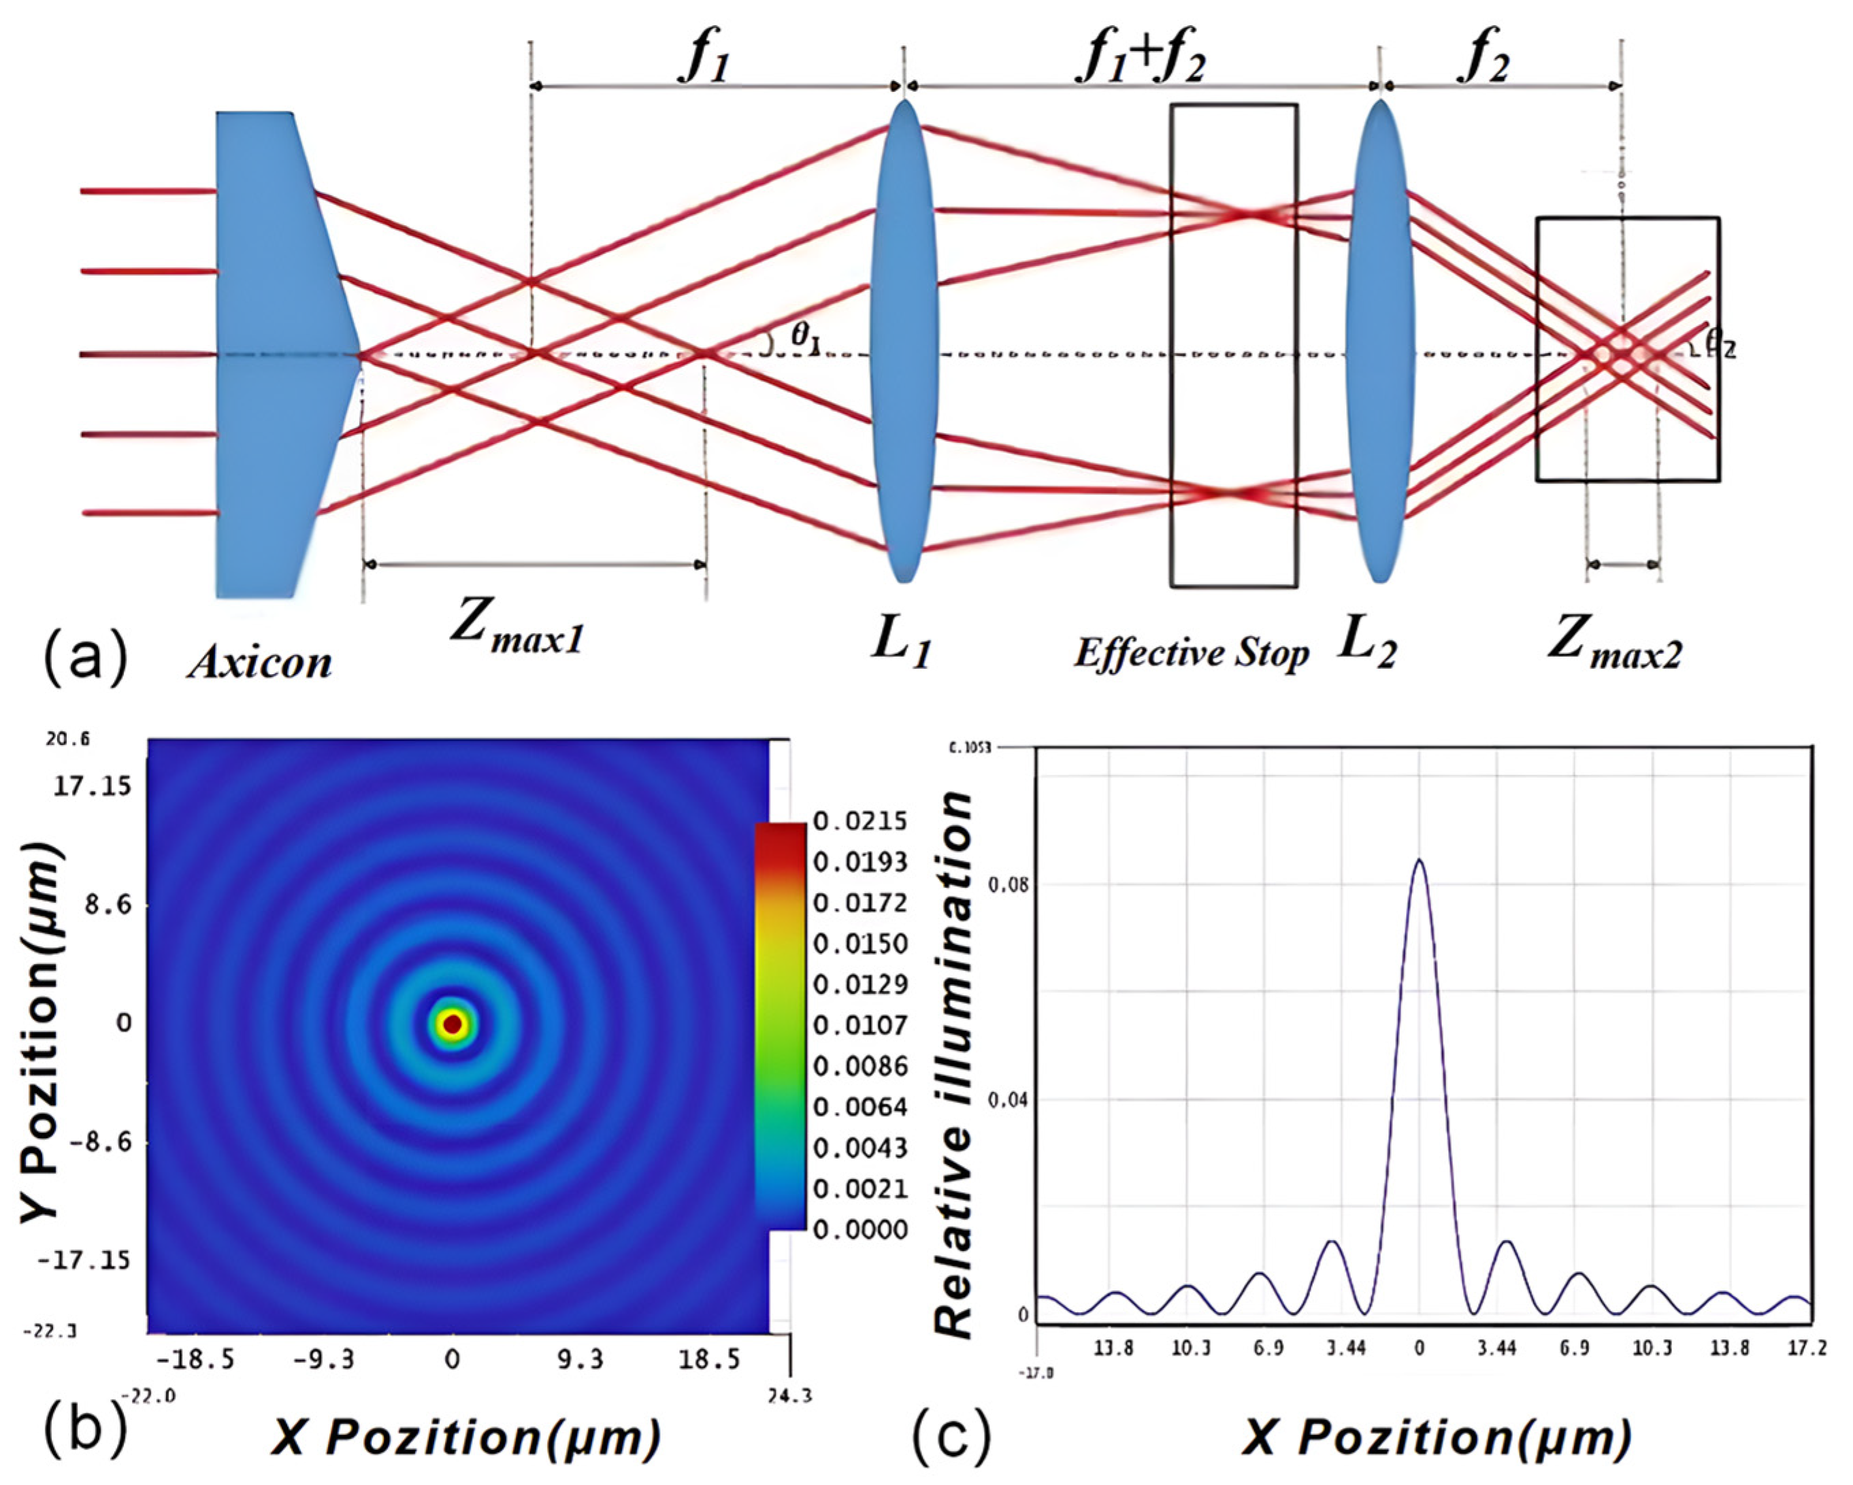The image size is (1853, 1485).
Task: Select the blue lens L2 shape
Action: [1379, 344]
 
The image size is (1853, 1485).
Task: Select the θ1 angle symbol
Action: [804, 336]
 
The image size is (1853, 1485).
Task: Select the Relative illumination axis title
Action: [954, 1066]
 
